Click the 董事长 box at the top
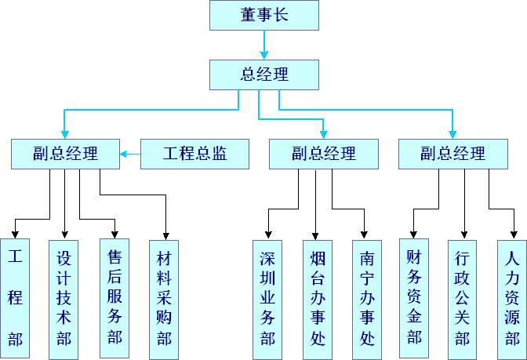264,15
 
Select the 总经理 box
264,75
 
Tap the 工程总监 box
194,154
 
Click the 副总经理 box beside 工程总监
65,154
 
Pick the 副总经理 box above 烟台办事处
323,154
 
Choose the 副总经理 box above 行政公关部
452,154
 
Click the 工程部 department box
15,298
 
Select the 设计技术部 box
64,298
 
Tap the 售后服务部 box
115,298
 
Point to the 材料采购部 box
164,298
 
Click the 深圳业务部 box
268,298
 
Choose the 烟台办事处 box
317,298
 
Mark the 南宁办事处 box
366,298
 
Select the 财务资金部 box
414,298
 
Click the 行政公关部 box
463,298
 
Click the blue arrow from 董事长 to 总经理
264,45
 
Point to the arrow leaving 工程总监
130,155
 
